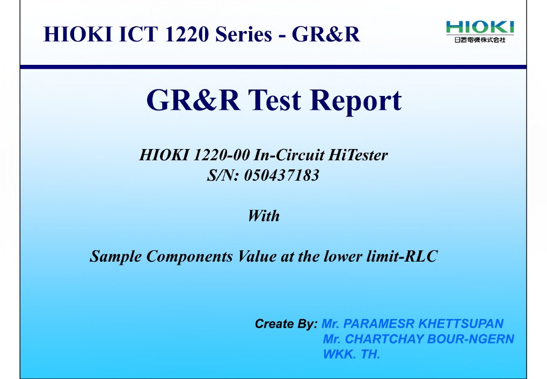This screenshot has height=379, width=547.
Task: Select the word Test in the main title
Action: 276,100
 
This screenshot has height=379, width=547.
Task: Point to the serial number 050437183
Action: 281,175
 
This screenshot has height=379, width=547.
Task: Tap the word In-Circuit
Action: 289,155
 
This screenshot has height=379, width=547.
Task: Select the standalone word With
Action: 263,216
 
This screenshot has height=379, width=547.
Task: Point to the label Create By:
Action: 287,324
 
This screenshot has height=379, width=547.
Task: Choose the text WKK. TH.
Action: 351,354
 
